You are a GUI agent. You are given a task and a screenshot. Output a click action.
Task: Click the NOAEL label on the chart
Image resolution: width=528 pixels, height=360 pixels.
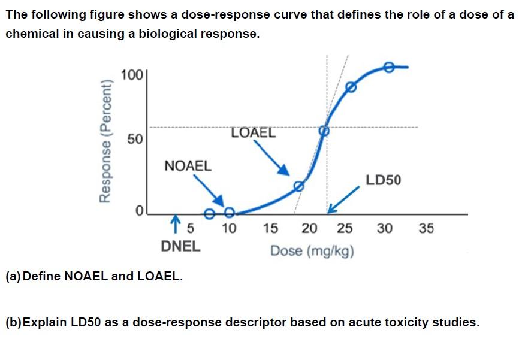(188, 166)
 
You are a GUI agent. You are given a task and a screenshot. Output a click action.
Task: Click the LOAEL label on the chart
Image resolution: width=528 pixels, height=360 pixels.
(253, 132)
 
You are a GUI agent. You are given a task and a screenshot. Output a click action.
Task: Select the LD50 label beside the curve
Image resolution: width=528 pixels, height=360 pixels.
(384, 180)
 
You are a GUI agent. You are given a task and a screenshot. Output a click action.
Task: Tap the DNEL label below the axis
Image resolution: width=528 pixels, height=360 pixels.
(181, 246)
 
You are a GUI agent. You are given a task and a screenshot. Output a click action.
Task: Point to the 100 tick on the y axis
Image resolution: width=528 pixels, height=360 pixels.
(131, 75)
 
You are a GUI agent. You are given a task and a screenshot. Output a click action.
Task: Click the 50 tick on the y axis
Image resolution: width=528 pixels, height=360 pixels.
(135, 140)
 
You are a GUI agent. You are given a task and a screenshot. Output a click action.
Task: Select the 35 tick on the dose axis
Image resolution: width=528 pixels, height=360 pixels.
(426, 228)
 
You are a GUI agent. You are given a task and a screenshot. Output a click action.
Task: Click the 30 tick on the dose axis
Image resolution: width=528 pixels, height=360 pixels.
(385, 228)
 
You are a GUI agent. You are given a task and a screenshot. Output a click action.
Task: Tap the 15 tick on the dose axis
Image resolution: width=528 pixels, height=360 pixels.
(270, 228)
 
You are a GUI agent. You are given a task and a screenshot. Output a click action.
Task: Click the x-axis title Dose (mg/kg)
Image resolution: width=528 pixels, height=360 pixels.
(312, 250)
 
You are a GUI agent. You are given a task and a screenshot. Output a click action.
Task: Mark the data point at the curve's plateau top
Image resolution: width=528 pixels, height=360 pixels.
(388, 67)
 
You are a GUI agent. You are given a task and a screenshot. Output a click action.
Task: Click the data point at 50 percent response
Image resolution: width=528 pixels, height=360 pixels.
(324, 130)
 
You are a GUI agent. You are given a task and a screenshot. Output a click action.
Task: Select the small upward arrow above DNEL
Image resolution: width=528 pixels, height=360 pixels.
(176, 224)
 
